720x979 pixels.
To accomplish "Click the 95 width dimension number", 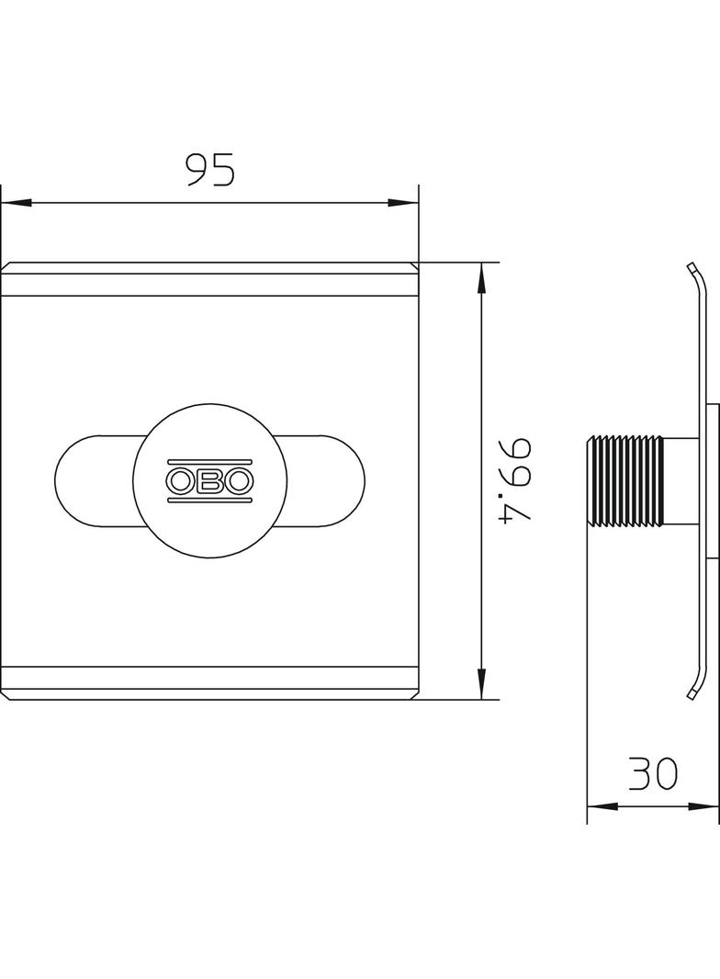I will coord(210,170).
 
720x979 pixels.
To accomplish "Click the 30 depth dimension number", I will coord(653,773).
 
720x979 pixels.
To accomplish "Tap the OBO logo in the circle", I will coord(209,479).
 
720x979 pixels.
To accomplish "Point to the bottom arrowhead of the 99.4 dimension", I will coord(481,683).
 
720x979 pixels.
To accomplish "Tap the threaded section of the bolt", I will coord(624,482).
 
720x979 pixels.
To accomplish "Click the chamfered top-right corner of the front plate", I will coord(414,267).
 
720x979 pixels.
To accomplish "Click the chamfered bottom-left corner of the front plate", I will coord(6,694).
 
